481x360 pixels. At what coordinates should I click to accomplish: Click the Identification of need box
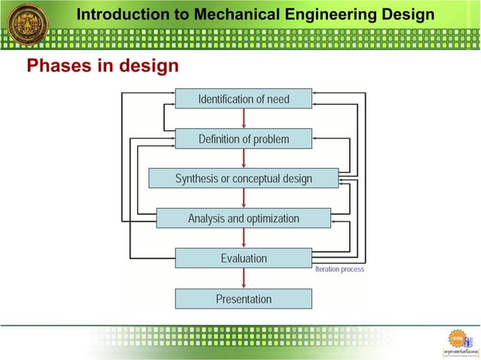244,99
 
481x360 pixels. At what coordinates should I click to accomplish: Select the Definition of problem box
244,139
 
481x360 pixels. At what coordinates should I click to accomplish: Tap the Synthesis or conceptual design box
244,178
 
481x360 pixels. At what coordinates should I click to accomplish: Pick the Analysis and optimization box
244,218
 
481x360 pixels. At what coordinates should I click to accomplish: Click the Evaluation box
244,258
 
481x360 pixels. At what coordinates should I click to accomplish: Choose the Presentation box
244,299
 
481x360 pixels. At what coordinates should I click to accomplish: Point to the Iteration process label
339,270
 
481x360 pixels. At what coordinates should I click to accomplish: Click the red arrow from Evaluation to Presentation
244,278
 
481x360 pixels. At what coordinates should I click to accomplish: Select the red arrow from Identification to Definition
244,118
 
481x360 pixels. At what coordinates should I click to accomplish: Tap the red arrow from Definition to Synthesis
244,158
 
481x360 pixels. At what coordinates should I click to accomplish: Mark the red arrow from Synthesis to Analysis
244,198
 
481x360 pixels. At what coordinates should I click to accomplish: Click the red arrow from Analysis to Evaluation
244,238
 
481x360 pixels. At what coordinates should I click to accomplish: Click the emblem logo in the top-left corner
28,24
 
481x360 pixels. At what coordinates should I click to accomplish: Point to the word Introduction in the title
122,14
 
